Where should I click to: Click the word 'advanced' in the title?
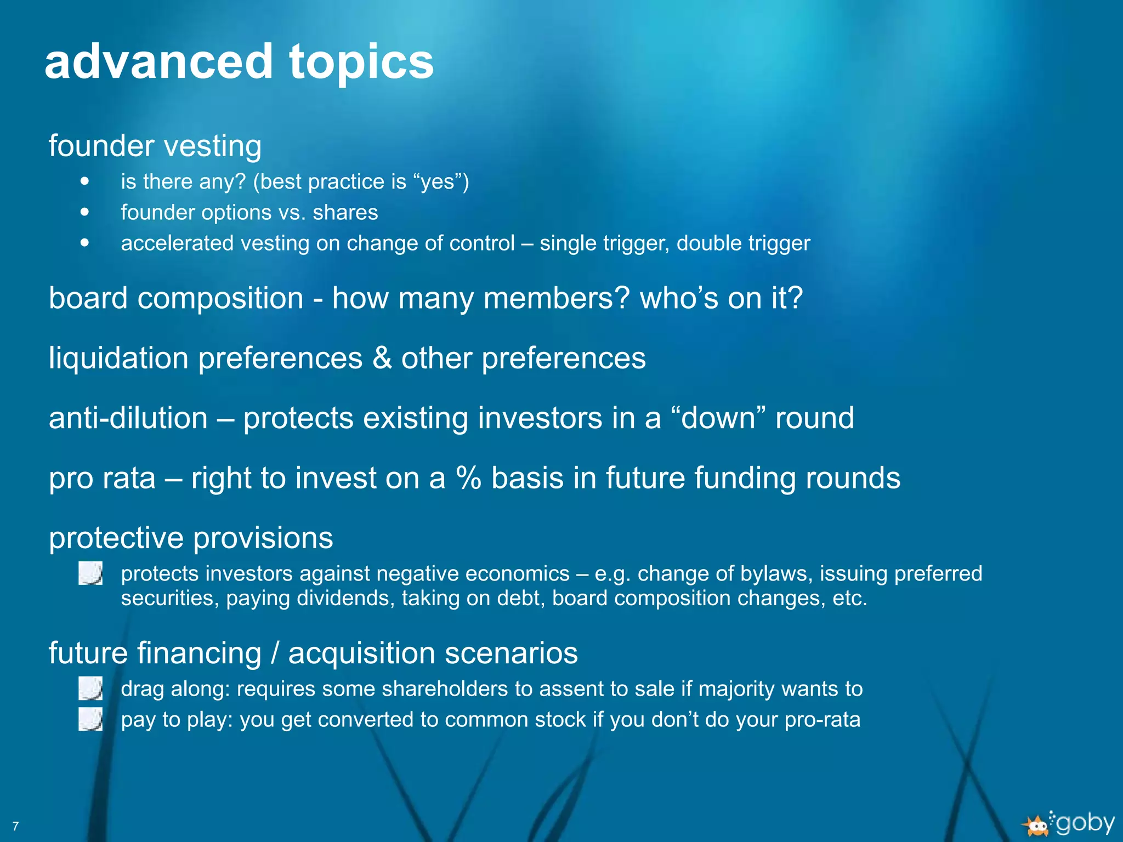click(x=158, y=61)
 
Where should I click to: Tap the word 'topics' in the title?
click(x=361, y=62)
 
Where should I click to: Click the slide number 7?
click(x=15, y=826)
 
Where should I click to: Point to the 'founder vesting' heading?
click(x=155, y=146)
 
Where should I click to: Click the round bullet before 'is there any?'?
click(x=84, y=181)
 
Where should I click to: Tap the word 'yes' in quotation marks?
click(x=437, y=182)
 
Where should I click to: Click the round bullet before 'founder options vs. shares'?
click(x=84, y=212)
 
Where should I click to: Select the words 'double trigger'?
click(x=743, y=243)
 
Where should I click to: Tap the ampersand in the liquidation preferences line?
click(x=382, y=359)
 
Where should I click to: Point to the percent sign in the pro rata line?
click(x=468, y=478)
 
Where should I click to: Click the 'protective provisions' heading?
click(x=191, y=538)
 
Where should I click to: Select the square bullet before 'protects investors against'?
click(x=90, y=573)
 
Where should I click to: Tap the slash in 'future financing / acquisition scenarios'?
click(x=275, y=653)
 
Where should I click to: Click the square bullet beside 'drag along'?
click(x=90, y=689)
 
